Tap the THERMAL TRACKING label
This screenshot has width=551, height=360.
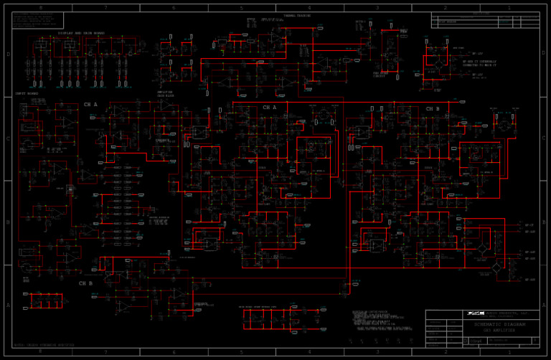click(297, 15)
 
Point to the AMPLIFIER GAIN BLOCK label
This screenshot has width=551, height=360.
click(165, 93)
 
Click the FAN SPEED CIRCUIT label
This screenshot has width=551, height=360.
click(380, 74)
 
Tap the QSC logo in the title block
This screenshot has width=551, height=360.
click(475, 313)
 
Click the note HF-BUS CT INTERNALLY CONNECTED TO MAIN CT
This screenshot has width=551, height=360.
click(479, 63)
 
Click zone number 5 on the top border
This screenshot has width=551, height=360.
click(242, 7)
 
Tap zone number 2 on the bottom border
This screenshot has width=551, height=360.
click(446, 352)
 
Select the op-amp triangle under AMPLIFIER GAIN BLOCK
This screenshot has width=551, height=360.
click(165, 105)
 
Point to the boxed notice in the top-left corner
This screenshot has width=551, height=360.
click(38, 20)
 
